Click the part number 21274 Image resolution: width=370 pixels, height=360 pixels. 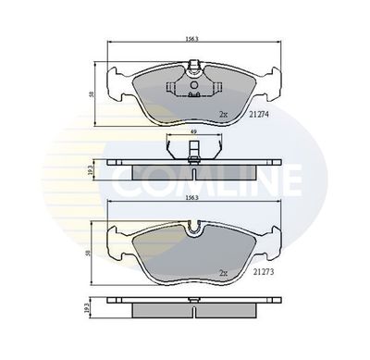tap(259, 115)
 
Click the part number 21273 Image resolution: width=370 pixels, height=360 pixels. tap(264, 272)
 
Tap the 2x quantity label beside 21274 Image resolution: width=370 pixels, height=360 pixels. tap(223, 115)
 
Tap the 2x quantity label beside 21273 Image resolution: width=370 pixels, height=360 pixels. tap(223, 273)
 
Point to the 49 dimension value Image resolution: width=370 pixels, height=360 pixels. tap(193, 131)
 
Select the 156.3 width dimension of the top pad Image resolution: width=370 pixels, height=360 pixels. tap(191, 39)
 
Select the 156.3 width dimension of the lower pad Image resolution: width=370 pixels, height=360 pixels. tap(191, 198)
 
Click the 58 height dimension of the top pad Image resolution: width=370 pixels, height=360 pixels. tap(92, 94)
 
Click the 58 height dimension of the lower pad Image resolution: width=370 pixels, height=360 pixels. tap(88, 254)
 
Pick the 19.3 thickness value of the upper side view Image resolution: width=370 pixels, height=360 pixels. tap(91, 169)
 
